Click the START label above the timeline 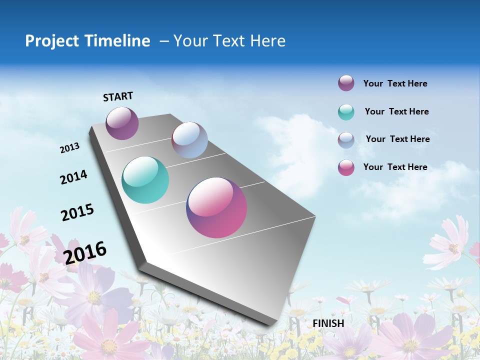click(118, 96)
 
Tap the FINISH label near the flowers click(328, 323)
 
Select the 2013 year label click(69, 148)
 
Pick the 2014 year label click(73, 177)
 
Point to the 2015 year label click(77, 212)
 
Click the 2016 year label click(85, 252)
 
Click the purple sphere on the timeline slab click(122, 123)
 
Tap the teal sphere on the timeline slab click(145, 180)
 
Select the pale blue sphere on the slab click(189, 140)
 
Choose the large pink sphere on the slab click(216, 207)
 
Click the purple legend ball click(346, 83)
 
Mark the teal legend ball click(346, 112)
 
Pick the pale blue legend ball click(346, 140)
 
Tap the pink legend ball click(346, 167)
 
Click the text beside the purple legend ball click(395, 84)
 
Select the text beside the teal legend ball click(396, 111)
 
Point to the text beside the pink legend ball click(395, 167)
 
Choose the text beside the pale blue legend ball click(397, 139)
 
